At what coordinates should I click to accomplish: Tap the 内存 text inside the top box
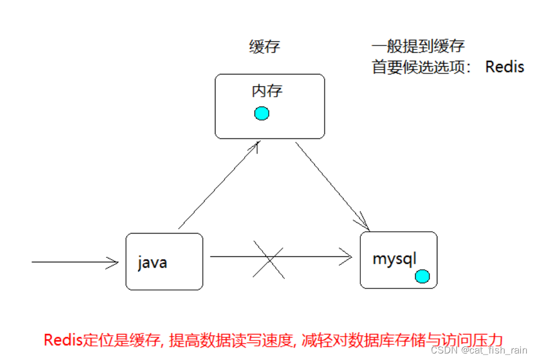[x=267, y=91]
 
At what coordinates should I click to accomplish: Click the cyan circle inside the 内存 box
[x=262, y=113]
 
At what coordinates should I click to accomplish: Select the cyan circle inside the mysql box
[x=422, y=276]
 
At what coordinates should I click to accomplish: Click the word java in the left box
[x=152, y=263]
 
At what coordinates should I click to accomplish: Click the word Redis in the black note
[x=505, y=67]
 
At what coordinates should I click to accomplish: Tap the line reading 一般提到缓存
[x=418, y=47]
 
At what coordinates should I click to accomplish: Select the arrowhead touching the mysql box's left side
[x=346, y=257]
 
